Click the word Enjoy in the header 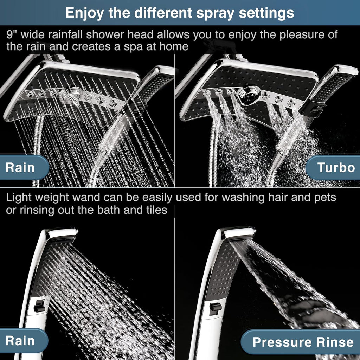click(84, 13)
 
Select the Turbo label click(336, 168)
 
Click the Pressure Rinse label click(303, 342)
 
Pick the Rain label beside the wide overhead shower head click(20, 168)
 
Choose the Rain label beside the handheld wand click(20, 341)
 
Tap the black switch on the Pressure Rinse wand click(215, 308)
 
